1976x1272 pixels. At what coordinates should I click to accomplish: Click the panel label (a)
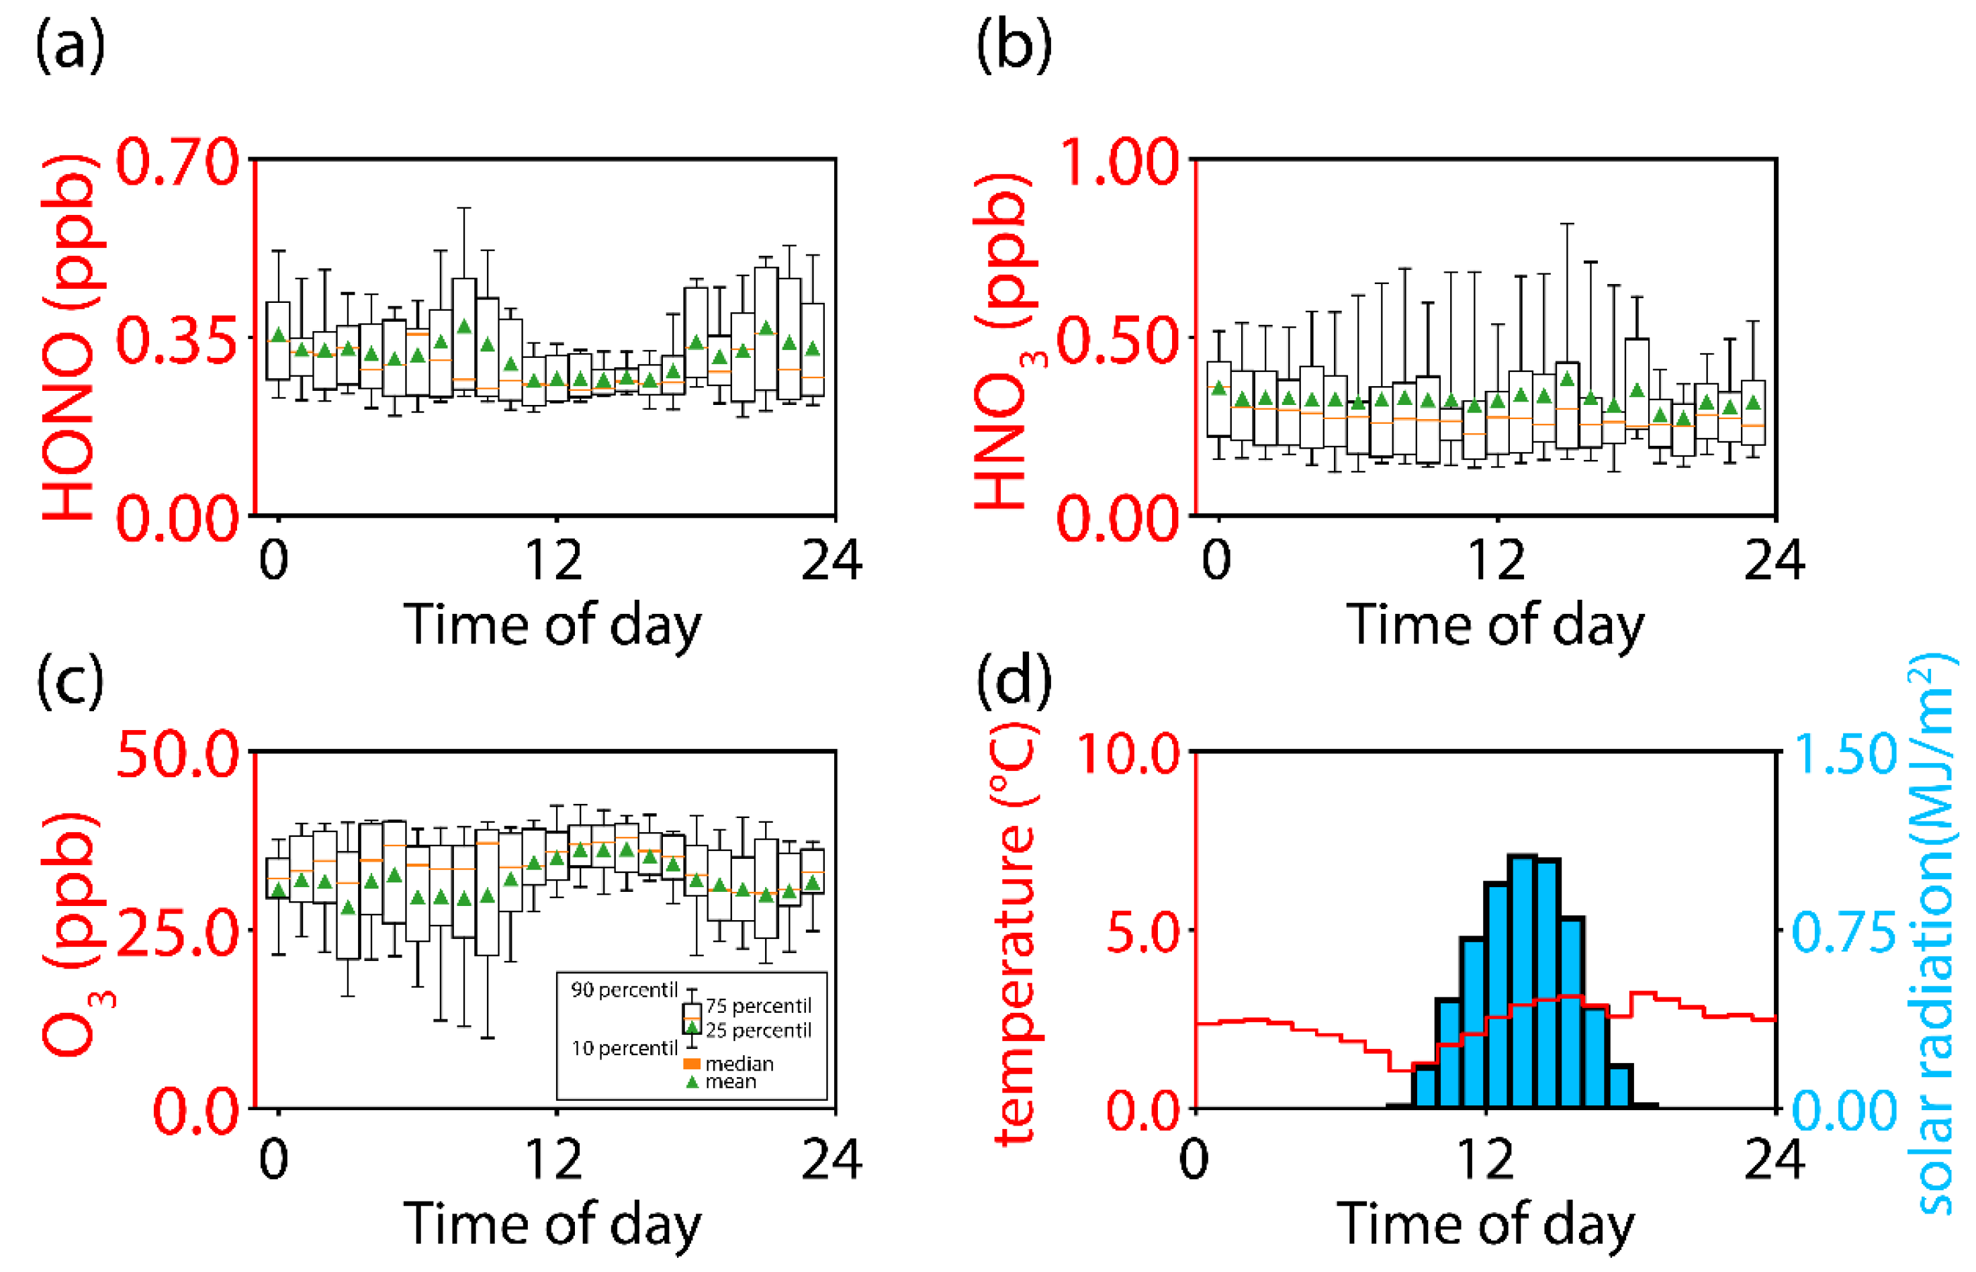tap(71, 47)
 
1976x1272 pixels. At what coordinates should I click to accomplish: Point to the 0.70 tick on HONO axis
tap(177, 163)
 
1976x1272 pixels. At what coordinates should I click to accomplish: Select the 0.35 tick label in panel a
tap(177, 341)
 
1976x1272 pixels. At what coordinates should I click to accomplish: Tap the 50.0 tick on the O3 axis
tap(177, 755)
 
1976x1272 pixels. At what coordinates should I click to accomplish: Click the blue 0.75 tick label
tap(1844, 934)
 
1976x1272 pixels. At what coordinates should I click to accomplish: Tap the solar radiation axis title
tap(1933, 934)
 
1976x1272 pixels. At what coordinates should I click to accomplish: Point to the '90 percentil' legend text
tap(624, 989)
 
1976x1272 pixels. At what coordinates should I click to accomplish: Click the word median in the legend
tap(739, 1064)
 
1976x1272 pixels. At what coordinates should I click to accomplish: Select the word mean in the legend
tap(731, 1082)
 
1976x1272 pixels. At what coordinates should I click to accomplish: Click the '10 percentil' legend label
tap(624, 1048)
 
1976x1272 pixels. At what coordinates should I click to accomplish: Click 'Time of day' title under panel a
tap(552, 625)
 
